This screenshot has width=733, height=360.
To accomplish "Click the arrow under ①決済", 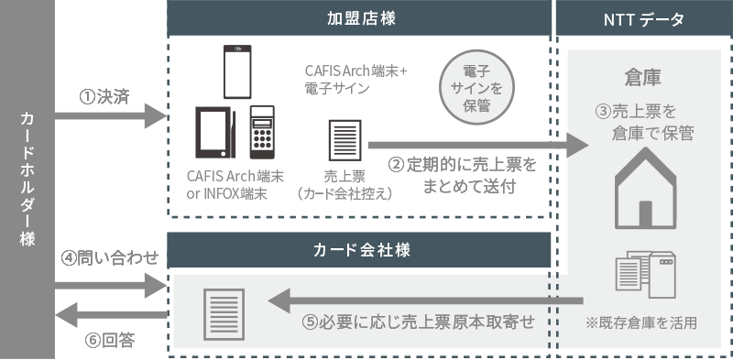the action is [x=109, y=116].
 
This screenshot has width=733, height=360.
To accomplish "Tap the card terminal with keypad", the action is [x=262, y=134].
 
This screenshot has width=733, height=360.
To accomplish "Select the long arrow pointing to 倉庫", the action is [x=477, y=145].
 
